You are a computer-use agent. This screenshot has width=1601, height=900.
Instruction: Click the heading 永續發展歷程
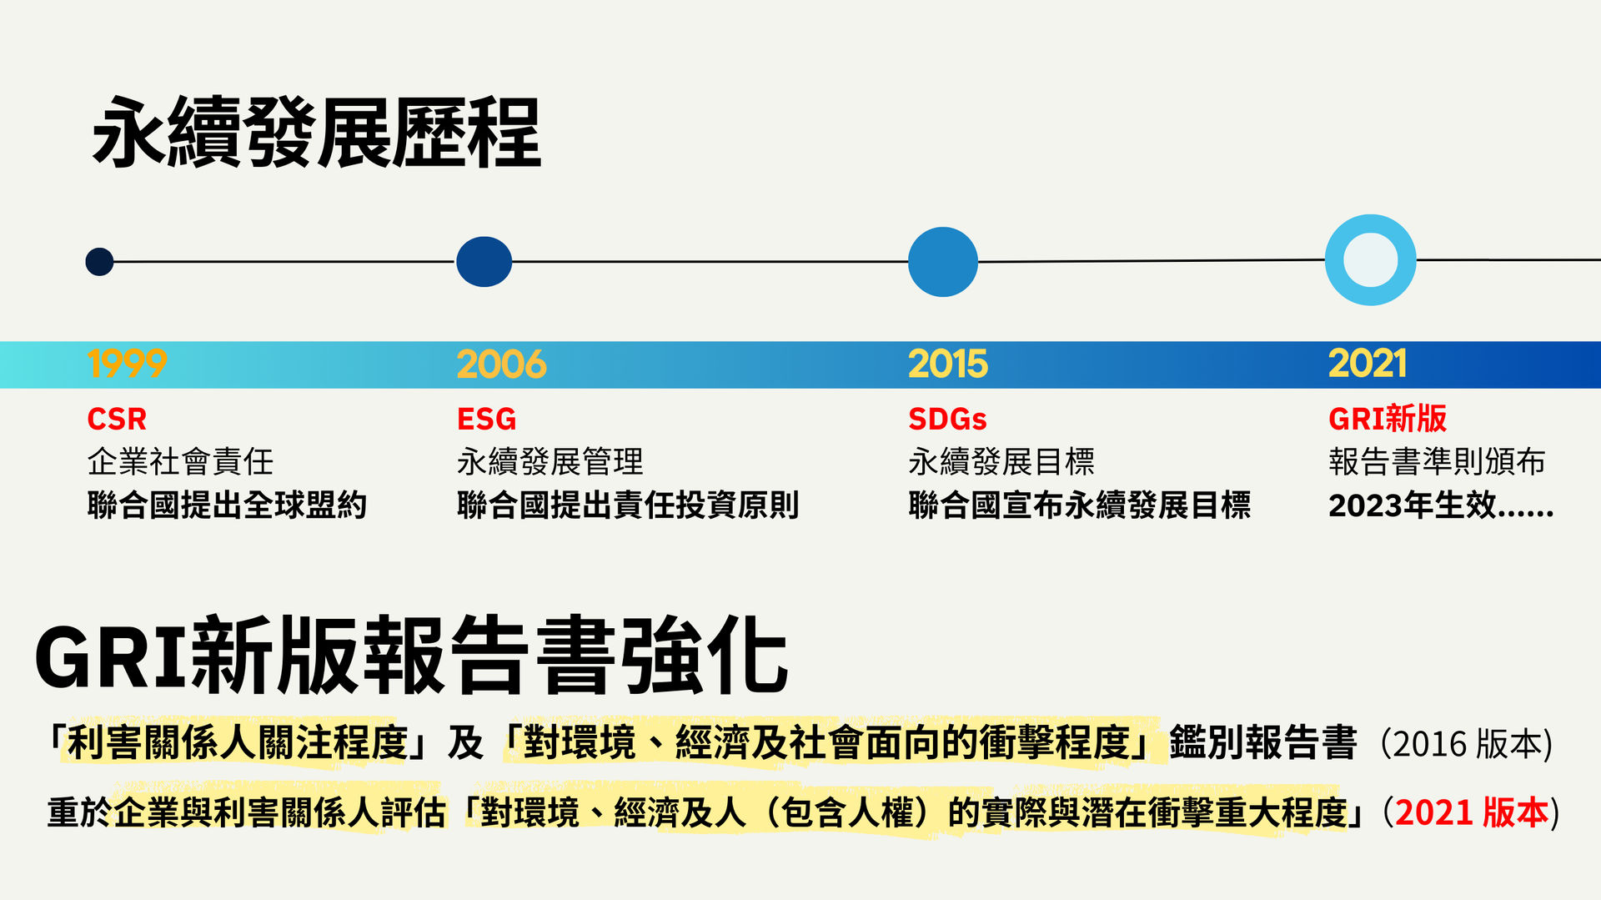coord(317,133)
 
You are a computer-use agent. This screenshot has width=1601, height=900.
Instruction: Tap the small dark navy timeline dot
coord(99,262)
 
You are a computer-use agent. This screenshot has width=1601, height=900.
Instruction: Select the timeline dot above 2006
coord(484,262)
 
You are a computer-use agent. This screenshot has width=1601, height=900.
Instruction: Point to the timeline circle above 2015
coord(942,262)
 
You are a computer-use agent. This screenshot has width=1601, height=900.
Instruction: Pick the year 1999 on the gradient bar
coord(127,364)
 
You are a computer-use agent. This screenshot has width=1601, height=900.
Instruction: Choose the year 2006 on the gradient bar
coord(501,364)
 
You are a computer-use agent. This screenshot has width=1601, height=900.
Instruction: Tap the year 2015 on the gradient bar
coord(948,364)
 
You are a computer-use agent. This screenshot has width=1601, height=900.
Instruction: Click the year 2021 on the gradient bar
coord(1368,364)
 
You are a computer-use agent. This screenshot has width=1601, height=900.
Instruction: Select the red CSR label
coord(117,419)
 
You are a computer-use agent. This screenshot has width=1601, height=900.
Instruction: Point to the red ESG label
coord(487,419)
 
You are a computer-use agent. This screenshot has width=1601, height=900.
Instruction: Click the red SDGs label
coord(947,419)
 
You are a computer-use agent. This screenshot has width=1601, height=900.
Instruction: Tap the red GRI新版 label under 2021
coord(1388,419)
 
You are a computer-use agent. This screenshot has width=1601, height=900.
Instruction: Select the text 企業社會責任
coord(180,461)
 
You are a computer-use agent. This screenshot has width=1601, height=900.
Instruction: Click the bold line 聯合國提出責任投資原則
coord(628,505)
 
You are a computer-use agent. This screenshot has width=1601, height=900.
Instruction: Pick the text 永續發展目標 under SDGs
coord(1001,461)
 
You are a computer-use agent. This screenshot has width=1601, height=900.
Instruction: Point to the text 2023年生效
coord(1413,505)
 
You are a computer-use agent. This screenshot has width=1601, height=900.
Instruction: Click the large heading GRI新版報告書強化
coord(412,656)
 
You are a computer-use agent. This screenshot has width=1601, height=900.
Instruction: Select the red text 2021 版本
coord(1472,812)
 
